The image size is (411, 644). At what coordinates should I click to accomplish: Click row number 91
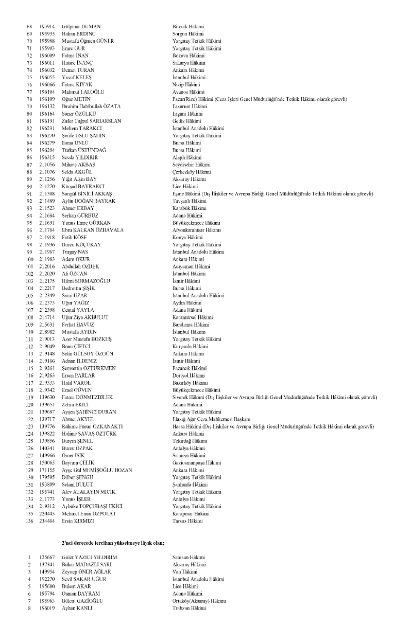click(x=29, y=193)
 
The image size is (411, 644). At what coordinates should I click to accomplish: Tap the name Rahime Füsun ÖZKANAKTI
click(x=92, y=426)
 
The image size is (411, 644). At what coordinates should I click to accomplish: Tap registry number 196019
click(x=47, y=608)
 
